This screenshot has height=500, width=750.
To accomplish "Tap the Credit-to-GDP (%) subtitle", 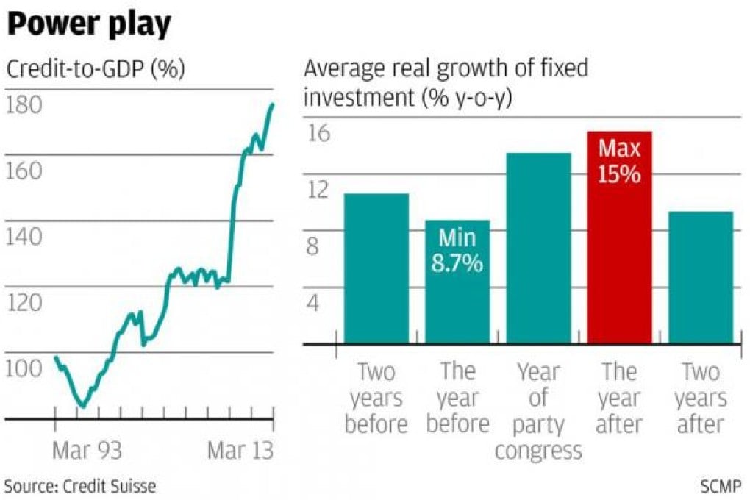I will [x=96, y=70].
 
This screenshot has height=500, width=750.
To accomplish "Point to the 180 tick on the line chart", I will [x=24, y=105].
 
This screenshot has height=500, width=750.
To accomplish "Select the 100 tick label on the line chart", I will [x=24, y=367].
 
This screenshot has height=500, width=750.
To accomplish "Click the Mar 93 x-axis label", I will [x=87, y=450].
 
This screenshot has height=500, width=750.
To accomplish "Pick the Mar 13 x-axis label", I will [x=240, y=450].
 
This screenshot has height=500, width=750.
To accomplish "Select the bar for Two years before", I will [x=376, y=268].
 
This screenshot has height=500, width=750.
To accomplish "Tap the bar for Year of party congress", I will [x=538, y=249].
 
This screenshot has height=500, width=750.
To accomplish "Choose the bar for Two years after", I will [x=701, y=278].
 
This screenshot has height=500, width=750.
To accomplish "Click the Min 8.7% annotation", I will [x=457, y=251].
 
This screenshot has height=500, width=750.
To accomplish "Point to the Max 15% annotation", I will [x=619, y=162].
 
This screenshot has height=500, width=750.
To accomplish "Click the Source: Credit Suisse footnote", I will [x=80, y=485].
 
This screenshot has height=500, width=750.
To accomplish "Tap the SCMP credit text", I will [x=721, y=485].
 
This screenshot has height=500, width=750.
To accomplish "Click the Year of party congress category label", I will [x=538, y=411].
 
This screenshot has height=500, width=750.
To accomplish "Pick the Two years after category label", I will [x=701, y=398].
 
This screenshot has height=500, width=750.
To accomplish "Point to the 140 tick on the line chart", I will [x=24, y=236].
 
